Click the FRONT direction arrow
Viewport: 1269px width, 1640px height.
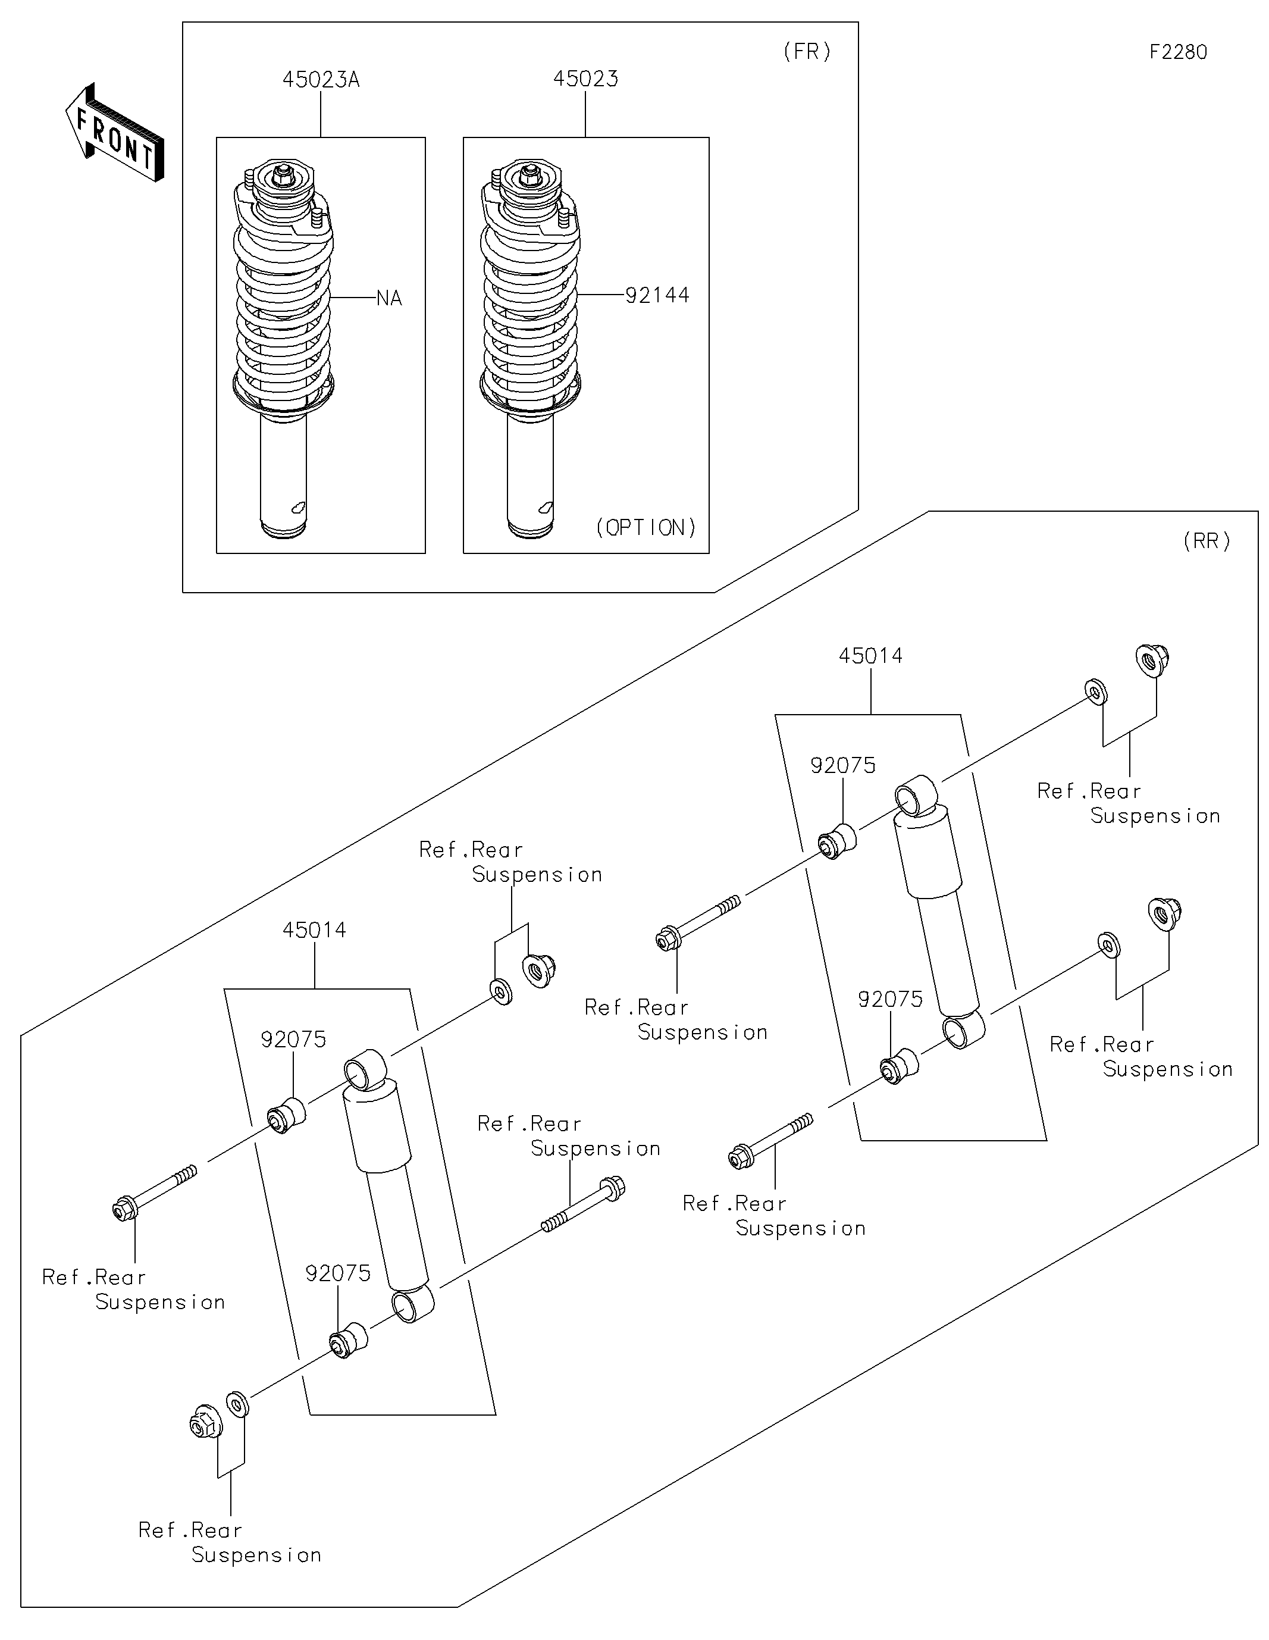[115, 133]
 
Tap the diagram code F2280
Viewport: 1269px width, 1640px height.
[1177, 52]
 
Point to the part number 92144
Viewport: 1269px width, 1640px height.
[657, 296]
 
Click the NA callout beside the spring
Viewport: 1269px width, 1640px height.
[389, 299]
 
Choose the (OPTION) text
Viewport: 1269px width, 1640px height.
[646, 528]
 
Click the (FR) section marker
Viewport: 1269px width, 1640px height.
[807, 52]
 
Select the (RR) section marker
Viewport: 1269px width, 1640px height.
[1207, 542]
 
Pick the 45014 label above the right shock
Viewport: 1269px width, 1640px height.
[870, 656]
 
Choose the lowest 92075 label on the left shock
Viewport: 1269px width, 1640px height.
[337, 1273]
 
